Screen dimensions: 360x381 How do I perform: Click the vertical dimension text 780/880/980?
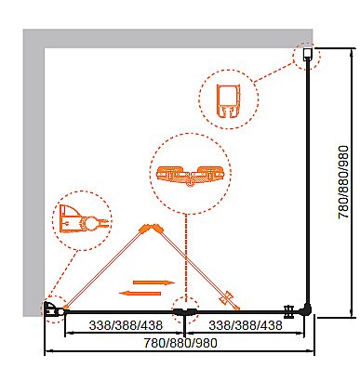344,182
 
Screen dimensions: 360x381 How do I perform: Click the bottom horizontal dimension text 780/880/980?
180,343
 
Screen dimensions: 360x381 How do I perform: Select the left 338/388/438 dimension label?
126,325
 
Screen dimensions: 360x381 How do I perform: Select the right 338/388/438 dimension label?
246,325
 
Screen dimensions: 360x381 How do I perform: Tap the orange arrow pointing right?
154,282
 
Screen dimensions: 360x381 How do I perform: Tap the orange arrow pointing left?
140,293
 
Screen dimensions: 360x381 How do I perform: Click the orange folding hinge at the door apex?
152,229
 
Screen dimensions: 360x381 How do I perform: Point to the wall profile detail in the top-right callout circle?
229,101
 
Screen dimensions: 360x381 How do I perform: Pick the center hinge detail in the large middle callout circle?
190,176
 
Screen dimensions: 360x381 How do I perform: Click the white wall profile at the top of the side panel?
307,55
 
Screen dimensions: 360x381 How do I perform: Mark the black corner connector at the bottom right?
306,309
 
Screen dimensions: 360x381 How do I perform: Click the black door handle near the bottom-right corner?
289,311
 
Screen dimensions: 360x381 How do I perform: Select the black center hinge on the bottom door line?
185,311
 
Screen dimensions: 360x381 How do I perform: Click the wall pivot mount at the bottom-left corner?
50,309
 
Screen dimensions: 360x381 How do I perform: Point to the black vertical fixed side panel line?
307,183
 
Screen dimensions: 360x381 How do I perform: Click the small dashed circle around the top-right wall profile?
306,56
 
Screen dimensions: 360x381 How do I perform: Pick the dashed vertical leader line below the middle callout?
186,258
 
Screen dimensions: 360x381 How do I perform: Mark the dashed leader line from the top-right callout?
274,72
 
